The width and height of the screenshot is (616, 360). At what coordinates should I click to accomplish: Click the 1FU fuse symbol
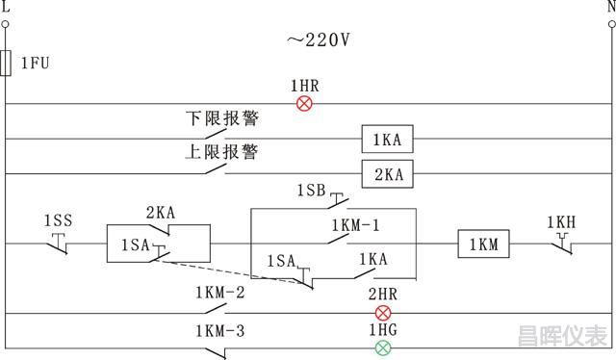click(x=7, y=64)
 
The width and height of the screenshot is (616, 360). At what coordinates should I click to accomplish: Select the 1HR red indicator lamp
click(x=304, y=103)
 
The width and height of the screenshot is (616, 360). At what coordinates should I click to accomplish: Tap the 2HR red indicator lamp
click(x=383, y=313)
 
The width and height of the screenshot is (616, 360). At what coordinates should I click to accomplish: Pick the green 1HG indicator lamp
click(x=383, y=347)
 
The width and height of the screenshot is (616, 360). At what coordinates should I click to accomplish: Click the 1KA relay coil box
click(x=387, y=140)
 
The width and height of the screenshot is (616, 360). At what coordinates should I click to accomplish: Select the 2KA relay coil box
click(x=387, y=174)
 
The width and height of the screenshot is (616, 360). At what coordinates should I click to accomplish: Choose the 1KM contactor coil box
click(x=483, y=244)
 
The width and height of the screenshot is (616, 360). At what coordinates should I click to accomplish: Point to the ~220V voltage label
click(x=317, y=39)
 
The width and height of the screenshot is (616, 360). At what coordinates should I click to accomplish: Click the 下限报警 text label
click(x=222, y=118)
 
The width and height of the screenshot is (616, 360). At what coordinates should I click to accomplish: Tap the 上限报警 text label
click(x=222, y=152)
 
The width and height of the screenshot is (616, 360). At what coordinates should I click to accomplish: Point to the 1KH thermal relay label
click(x=561, y=222)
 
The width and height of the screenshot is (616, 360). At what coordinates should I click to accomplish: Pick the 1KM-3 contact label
click(x=220, y=331)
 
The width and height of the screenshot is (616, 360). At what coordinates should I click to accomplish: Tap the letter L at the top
click(x=7, y=6)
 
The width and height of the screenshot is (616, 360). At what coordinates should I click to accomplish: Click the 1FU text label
click(x=35, y=64)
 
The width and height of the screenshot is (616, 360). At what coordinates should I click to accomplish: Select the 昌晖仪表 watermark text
click(x=562, y=337)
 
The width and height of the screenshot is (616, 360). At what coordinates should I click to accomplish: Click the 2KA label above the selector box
click(x=160, y=213)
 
